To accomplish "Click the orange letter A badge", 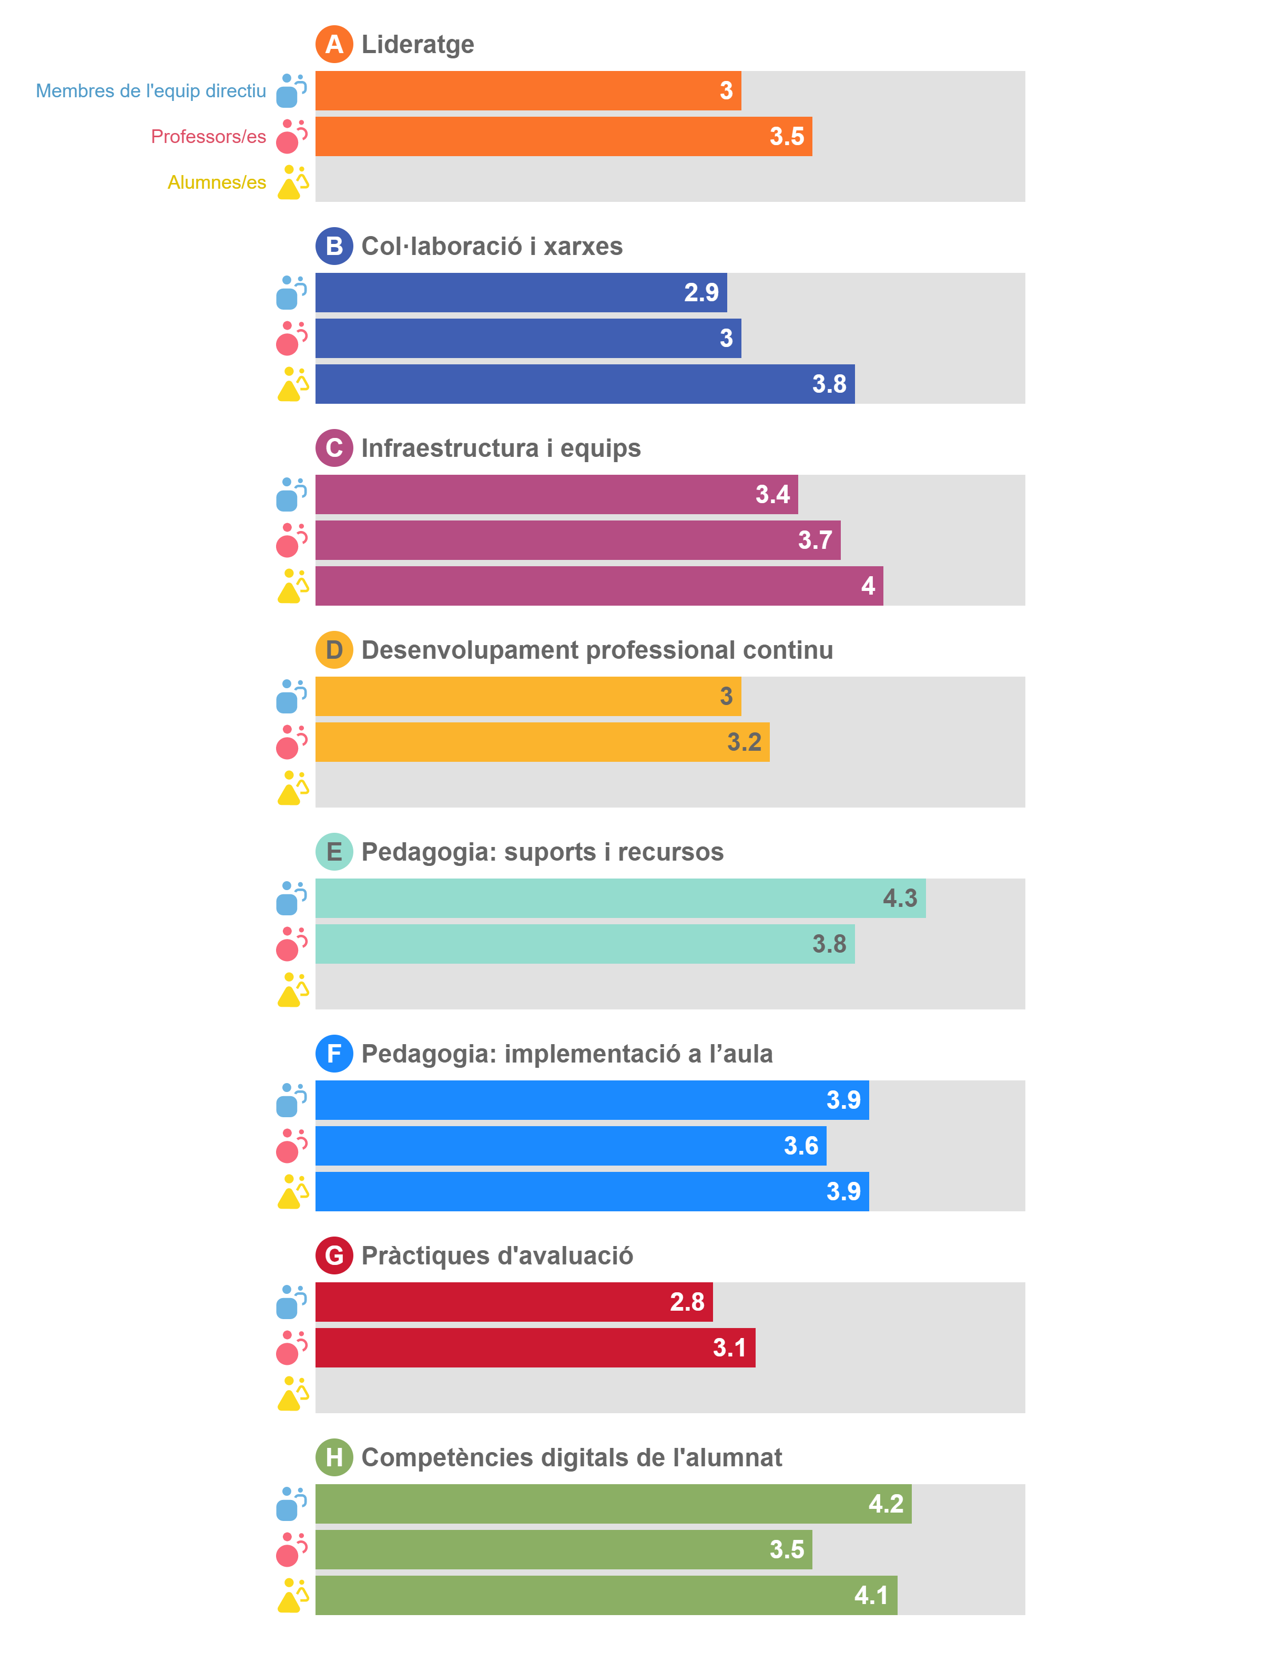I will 333,44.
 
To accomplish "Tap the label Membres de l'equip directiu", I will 151,91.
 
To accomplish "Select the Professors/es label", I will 208,137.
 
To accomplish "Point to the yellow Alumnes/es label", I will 216,182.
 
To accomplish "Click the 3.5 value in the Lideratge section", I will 787,137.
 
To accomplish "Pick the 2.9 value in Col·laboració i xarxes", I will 701,292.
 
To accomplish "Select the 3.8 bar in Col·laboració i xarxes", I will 584,384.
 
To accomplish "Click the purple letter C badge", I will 333,448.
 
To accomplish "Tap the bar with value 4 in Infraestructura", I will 599,586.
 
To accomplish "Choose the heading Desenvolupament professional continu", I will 597,650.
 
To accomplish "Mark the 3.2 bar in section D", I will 542,742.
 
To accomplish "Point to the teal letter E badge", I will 333,852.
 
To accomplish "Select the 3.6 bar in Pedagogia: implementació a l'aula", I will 570,1146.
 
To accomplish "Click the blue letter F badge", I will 333,1053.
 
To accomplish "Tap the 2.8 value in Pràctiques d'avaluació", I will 687,1302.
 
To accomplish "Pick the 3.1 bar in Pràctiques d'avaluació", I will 535,1347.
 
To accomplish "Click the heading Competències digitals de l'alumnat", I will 571,1457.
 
